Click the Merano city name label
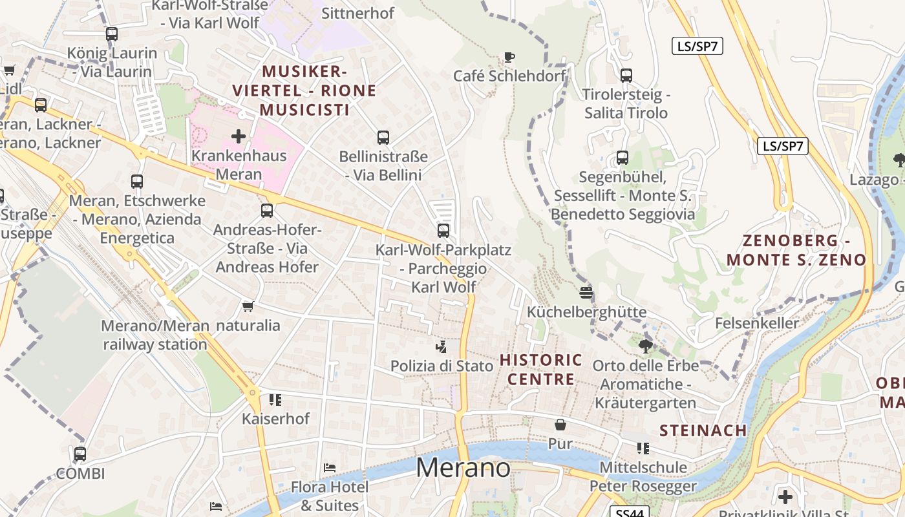tap(463, 468)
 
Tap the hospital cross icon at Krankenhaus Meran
tap(239, 136)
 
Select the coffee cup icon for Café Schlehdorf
tap(509, 57)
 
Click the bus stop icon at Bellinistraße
tap(383, 137)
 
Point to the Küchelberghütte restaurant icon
tap(586, 293)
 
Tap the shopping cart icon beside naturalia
tap(248, 306)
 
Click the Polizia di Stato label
tap(442, 366)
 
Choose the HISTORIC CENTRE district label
tap(541, 370)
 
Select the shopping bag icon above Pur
tap(560, 425)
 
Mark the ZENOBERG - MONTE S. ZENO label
tap(796, 251)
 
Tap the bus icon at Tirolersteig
tap(626, 75)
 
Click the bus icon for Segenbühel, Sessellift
tap(623, 157)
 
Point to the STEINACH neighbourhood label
tap(703, 430)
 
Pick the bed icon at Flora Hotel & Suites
tap(330, 467)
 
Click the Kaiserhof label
tap(276, 419)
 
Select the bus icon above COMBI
tap(80, 454)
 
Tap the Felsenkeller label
tap(757, 323)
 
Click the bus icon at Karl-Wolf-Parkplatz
tap(443, 230)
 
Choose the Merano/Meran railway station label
tap(155, 335)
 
